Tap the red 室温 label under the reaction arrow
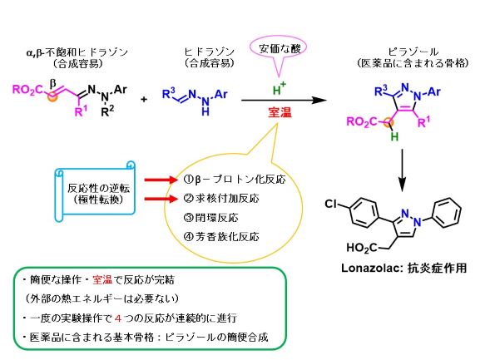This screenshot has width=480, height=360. click(280, 112)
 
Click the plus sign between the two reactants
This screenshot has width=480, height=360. click(144, 99)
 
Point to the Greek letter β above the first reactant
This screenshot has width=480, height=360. click(53, 83)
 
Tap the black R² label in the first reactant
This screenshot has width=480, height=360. click(106, 111)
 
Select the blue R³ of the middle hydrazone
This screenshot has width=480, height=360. click(168, 92)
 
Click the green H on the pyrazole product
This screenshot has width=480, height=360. click(394, 136)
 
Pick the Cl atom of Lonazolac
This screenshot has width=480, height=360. click(330, 204)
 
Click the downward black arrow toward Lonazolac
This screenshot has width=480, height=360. click(402, 170)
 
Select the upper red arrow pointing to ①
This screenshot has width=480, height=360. click(161, 180)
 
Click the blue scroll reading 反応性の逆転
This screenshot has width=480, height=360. click(95, 191)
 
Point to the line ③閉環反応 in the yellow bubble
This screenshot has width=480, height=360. click(210, 218)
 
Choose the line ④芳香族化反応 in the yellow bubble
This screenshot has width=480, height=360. click(221, 237)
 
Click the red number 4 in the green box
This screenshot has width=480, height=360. click(118, 318)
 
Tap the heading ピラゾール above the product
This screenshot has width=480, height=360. click(413, 52)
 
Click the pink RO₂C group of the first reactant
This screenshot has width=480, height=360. click(27, 91)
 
